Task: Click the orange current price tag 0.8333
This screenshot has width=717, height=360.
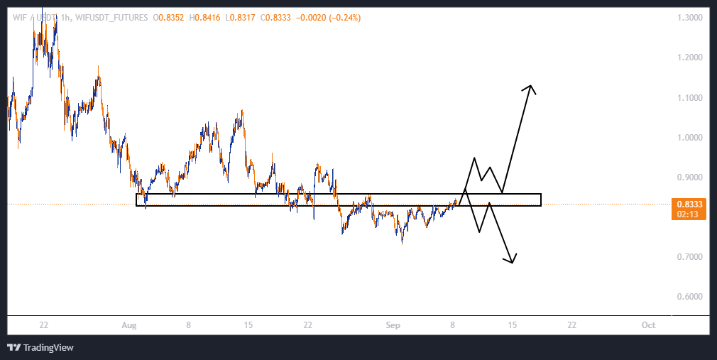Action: [686, 204]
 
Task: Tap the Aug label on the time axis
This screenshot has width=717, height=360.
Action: [128, 325]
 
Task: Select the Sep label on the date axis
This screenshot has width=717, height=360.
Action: [394, 325]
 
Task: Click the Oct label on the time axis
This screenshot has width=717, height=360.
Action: [647, 325]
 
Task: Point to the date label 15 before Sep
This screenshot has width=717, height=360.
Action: [248, 325]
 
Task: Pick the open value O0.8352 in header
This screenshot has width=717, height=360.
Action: [170, 18]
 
